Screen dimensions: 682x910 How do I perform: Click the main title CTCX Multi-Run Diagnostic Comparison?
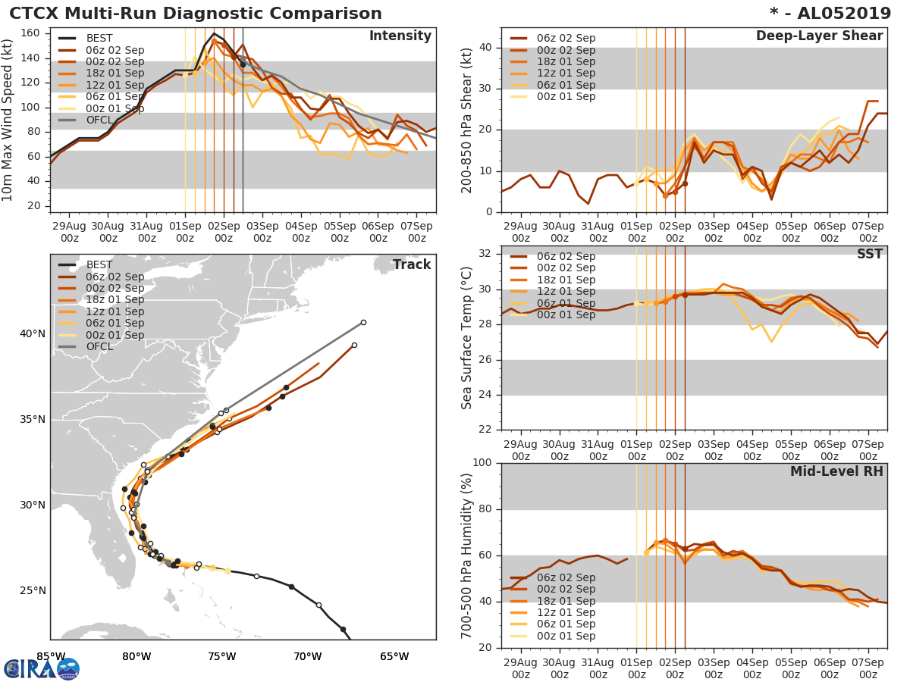coord(196,14)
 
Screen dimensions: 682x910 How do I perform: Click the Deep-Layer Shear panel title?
coord(819,36)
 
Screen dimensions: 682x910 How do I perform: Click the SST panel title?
coord(869,254)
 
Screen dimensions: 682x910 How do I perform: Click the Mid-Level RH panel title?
coord(836,471)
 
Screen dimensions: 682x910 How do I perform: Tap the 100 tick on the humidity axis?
coord(485,462)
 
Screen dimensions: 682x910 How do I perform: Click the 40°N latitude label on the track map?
coord(32,333)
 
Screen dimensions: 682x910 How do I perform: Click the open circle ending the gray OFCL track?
coord(363,322)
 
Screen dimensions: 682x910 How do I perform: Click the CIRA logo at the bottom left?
coord(41,668)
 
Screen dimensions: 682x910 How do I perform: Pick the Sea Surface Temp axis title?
coord(467,337)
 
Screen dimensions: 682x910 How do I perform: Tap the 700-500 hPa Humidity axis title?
coord(467,555)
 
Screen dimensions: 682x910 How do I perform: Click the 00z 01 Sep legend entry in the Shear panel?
coord(565,96)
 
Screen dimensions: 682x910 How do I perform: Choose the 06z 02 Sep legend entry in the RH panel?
coord(565,577)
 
